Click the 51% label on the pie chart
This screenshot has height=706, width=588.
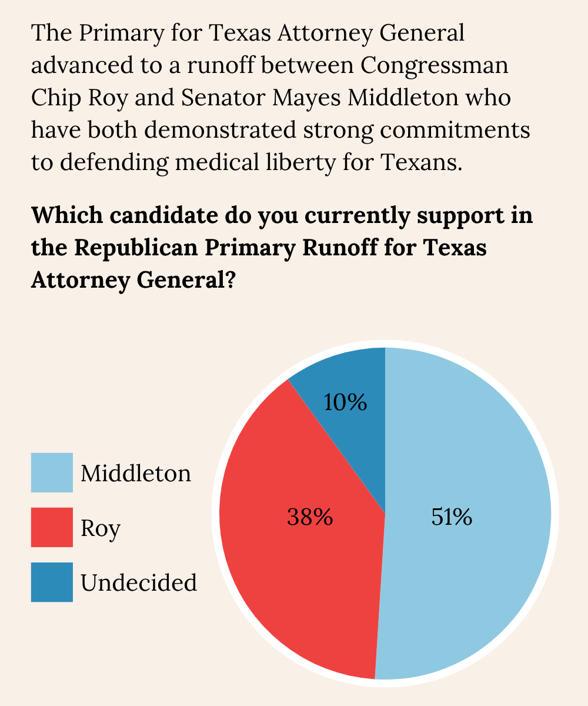point(452,517)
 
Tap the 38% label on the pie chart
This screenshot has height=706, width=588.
point(310,517)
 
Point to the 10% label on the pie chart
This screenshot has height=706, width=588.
point(346,402)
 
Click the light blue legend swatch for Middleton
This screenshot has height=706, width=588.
point(52,472)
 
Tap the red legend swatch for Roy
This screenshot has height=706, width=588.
point(52,527)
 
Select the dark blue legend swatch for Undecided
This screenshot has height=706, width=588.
point(52,582)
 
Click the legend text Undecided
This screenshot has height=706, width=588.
point(139,582)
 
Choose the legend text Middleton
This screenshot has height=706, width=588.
point(136,473)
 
